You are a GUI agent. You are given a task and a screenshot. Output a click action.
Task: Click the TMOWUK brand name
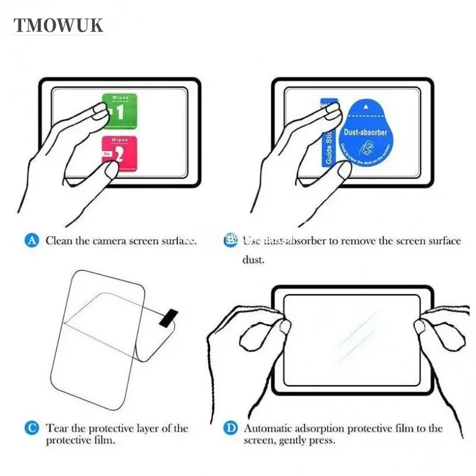tap(59, 25)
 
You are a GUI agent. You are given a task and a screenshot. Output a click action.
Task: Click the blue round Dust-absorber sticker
tap(365, 136)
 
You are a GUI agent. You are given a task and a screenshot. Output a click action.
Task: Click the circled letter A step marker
tap(32, 240)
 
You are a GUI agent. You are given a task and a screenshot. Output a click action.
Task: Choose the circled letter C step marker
tap(32, 428)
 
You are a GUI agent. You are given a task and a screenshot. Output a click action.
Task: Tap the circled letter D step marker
tap(230, 428)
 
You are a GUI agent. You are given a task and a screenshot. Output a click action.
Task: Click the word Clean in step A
tap(59, 241)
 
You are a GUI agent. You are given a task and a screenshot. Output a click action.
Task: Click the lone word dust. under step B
tap(253, 260)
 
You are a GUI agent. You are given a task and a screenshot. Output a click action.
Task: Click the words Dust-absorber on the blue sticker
tap(366, 131)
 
